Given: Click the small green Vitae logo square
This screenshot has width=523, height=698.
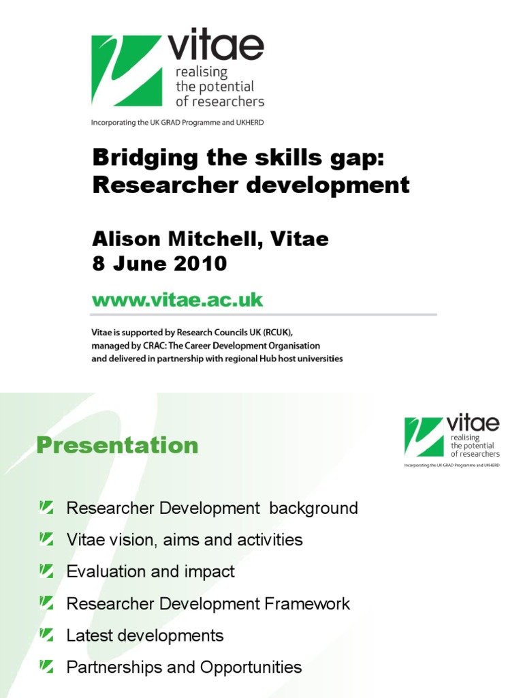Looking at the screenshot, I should [424, 437].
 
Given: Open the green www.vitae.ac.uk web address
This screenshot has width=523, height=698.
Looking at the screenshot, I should [177, 300].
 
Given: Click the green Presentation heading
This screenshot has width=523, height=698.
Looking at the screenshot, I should [117, 445].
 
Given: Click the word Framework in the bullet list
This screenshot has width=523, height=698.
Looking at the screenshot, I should [307, 603].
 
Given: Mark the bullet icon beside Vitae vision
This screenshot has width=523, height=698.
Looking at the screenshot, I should [46, 538].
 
